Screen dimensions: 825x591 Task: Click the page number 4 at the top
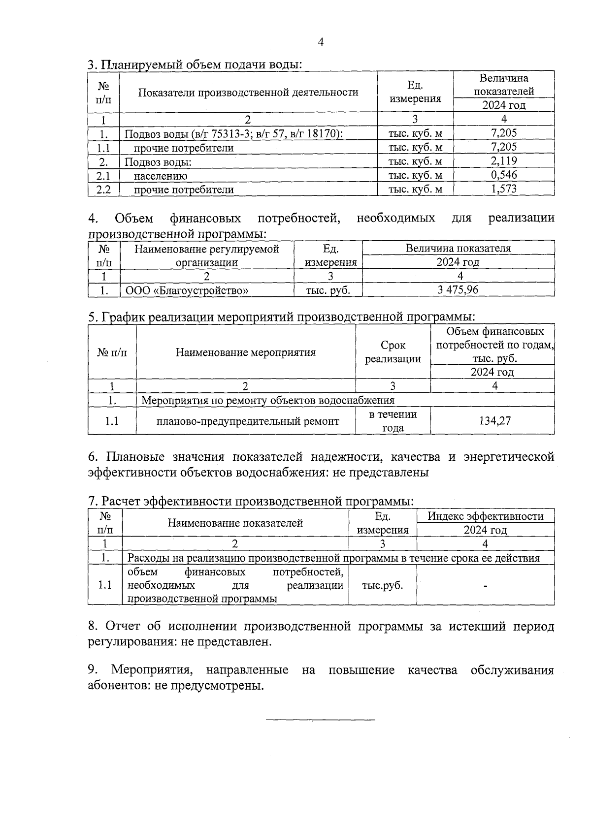coord(321,42)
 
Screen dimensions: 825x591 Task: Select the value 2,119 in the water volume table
coord(504,160)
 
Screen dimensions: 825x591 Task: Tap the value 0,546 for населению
coord(504,175)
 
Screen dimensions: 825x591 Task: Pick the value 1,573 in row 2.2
coord(504,189)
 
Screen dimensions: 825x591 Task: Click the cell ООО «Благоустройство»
coord(187,290)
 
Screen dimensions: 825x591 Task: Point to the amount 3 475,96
coord(458,290)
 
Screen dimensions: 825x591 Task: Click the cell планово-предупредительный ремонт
coord(248,421)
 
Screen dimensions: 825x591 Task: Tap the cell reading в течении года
coord(393,421)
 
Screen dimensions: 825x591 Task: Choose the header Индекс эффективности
coord(485,516)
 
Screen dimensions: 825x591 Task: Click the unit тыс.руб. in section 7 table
coord(382,585)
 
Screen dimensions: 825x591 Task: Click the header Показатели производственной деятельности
coord(248,92)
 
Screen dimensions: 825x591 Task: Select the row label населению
coord(161,176)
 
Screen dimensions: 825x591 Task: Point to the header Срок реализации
coord(393,352)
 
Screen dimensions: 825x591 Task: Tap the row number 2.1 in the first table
coord(103,175)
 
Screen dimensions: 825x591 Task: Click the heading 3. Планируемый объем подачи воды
coord(195,64)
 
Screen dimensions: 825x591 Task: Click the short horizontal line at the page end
coord(320,720)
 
